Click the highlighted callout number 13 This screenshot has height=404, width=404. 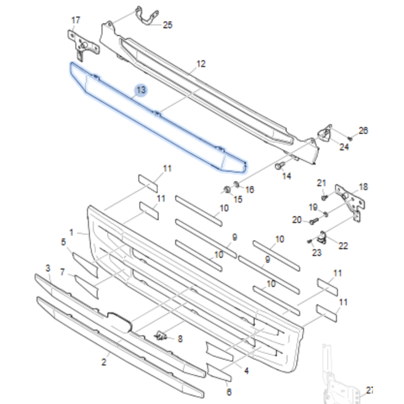pos(141,90)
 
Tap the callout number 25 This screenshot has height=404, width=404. pos(168,25)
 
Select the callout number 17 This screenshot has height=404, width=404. pos(76,20)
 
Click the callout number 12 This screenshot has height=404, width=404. pos(201,64)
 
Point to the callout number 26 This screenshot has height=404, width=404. pos(363,130)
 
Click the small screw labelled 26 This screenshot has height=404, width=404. pos(350,138)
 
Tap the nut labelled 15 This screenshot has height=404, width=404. pos(227,189)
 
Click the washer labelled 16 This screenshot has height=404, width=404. pos(236,184)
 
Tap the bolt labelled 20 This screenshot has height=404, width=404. pos(313,221)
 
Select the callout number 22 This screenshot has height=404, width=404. pos(343,246)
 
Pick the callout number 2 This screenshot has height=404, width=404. pos(104,362)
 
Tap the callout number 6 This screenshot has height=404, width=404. pos(229,392)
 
